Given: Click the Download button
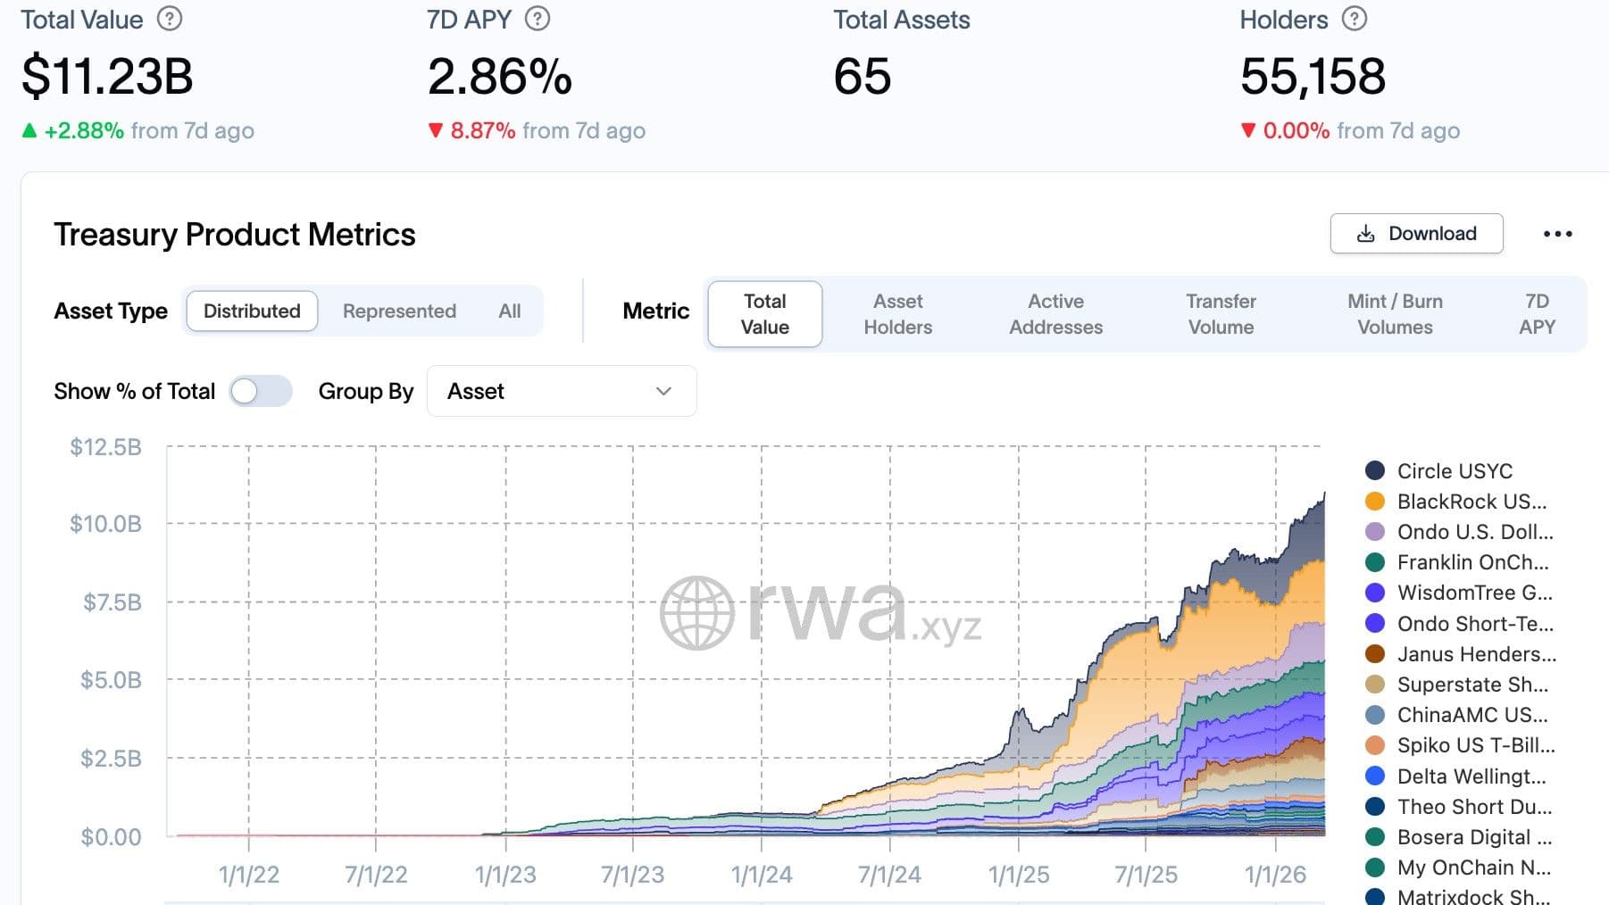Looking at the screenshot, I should tap(1416, 234).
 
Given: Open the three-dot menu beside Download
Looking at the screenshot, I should tap(1557, 234).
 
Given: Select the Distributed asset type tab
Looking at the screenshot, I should tap(252, 311).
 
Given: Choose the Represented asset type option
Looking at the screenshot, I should tap(399, 311).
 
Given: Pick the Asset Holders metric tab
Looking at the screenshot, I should tap(897, 314).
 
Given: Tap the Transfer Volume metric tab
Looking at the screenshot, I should tap(1221, 314).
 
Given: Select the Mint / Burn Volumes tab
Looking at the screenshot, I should tap(1395, 314).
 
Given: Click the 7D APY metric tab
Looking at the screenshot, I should tap(1537, 314).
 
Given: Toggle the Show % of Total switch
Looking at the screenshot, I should tap(260, 391).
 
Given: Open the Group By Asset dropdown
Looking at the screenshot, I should tap(561, 391).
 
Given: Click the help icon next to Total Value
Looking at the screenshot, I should tap(170, 19).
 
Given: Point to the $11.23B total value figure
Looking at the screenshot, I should tap(107, 76).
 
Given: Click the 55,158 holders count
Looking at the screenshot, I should tap(1313, 76).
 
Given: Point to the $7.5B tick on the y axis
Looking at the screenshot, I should tap(113, 602).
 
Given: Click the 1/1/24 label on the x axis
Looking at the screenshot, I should tap(761, 875).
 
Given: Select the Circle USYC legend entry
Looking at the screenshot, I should tap(1454, 470).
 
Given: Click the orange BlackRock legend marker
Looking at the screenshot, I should tap(1375, 502).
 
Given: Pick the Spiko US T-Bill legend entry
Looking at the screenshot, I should tap(1475, 745).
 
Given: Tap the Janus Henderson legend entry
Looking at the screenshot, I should tap(1475, 654).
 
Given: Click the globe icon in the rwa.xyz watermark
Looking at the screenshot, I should tap(697, 612).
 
